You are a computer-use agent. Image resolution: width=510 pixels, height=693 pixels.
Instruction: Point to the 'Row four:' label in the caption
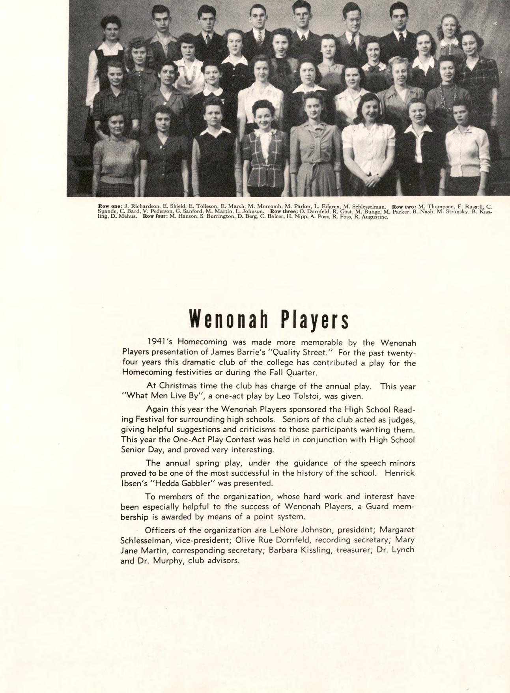[155, 217]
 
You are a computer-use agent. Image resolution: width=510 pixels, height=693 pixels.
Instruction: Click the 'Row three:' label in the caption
[282, 211]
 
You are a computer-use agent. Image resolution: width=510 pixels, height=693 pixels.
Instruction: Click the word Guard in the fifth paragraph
[378, 506]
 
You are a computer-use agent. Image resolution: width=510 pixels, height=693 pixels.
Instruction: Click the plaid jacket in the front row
[265, 154]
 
